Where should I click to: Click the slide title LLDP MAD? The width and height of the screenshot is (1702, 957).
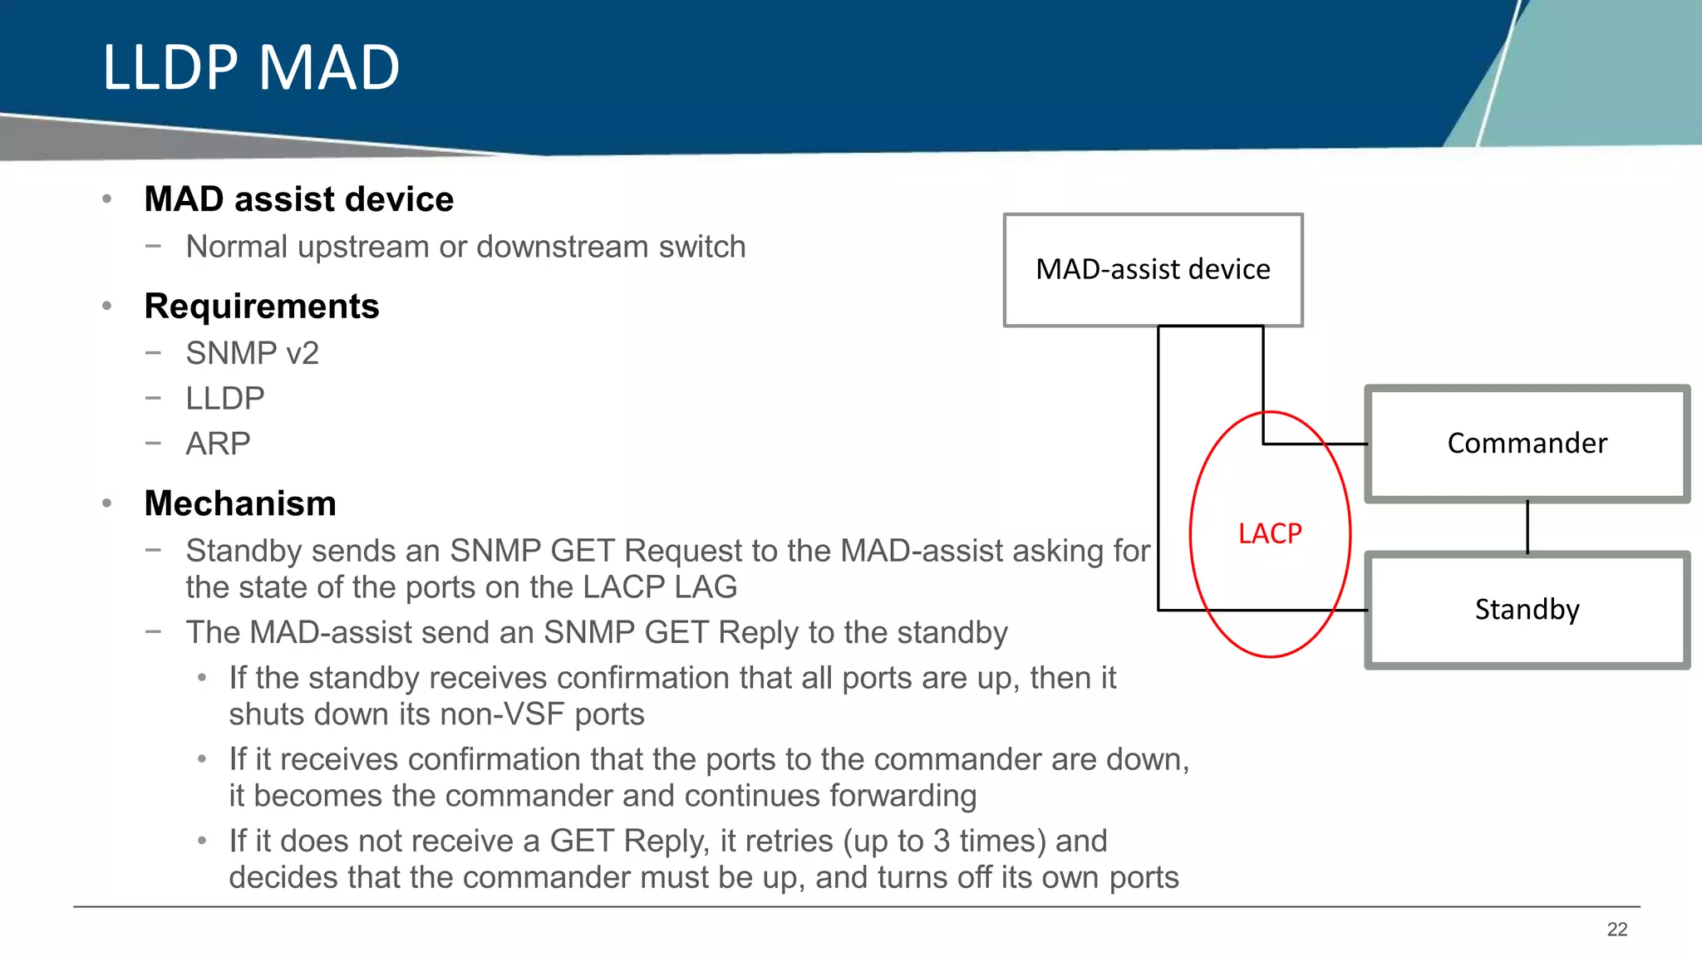point(251,67)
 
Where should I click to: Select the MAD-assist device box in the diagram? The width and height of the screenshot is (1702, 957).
point(1153,270)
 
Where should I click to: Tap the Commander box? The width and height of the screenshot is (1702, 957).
point(1527,444)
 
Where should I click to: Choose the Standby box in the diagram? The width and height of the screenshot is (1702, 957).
point(1527,610)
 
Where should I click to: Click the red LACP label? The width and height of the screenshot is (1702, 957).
point(1270,533)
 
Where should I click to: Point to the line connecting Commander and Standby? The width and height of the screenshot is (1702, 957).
point(1527,527)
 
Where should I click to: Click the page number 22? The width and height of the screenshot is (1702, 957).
point(1616,930)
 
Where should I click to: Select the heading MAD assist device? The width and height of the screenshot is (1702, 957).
point(298,199)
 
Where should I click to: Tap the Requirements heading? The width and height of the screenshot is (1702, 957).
point(262,307)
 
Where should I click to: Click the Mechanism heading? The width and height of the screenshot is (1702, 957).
point(240,503)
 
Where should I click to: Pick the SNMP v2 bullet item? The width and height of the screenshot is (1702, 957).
point(252,354)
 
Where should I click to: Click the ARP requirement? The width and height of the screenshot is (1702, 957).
point(218,444)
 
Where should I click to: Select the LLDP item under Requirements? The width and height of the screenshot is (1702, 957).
point(225,399)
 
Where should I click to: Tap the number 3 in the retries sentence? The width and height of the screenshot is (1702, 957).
point(941,842)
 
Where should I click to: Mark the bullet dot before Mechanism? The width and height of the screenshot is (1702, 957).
point(106,503)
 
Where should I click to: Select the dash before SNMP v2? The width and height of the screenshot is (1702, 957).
point(152,352)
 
